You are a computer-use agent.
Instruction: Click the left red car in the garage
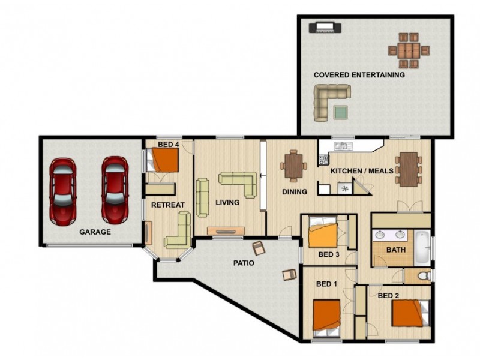pos(62,190)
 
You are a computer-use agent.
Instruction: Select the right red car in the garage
pos(114,190)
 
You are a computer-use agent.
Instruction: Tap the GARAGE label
pos(95,232)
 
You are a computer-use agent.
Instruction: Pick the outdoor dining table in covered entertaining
pos(409,50)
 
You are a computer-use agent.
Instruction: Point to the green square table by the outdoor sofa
pos(341,112)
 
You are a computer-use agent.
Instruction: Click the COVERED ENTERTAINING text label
pos(359,75)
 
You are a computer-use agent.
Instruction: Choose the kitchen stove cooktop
pos(324,160)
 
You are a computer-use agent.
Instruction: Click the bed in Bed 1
pos(326,316)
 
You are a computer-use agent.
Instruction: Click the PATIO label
pos(244,263)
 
